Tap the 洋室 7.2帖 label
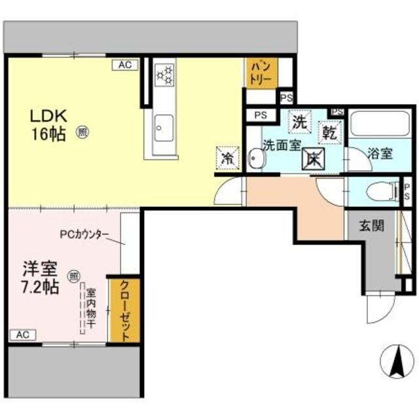[41, 277]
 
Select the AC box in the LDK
[125, 64]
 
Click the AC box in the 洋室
[22, 335]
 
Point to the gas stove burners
[164, 73]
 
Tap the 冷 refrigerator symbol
[227, 156]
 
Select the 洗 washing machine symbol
[299, 121]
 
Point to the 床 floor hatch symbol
[313, 158]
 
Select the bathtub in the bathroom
[378, 123]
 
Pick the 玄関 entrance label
[371, 227]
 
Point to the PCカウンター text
[84, 234]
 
